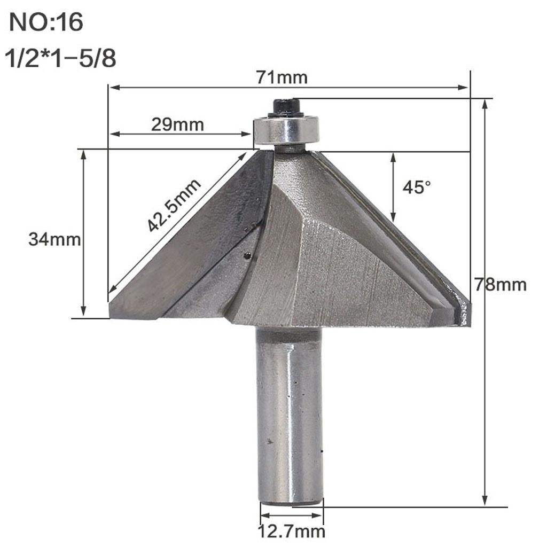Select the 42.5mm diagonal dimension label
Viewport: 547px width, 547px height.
tap(174, 206)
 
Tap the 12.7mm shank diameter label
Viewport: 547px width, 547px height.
tap(292, 532)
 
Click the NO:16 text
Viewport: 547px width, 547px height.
tap(47, 24)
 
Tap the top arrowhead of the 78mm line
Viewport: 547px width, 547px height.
tap(485, 104)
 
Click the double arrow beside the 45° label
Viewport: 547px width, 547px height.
tap(393, 187)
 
